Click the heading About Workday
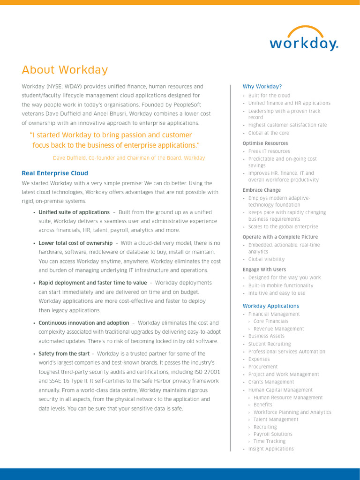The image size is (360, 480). point(65,70)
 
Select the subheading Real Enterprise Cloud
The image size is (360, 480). point(55,173)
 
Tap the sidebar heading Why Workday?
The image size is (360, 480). point(262,87)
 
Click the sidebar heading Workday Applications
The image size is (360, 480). point(270,306)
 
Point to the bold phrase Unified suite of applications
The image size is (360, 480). point(74,212)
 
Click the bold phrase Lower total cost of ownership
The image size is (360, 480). point(75,243)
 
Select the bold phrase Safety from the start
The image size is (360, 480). point(64,354)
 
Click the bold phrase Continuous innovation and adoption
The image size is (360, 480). point(83,323)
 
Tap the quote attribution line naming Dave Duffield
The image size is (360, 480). point(129,158)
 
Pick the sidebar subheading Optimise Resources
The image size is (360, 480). point(265,143)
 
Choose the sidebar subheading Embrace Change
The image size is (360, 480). point(262,190)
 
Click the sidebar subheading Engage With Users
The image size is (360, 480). point(264,270)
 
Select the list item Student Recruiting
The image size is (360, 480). point(270,344)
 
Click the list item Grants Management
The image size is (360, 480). point(271,382)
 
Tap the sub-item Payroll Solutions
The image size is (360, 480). point(273,434)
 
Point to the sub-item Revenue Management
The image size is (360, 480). point(278,329)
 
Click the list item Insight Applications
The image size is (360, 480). point(271,449)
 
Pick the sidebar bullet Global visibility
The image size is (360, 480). point(266,259)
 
